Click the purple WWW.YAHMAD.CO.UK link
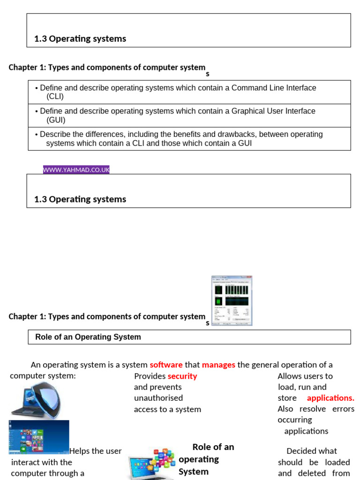pyautogui.click(x=76, y=170)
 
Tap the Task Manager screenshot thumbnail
pyautogui.click(x=232, y=300)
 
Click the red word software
pyautogui.click(x=166, y=365)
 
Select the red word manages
pyautogui.click(x=218, y=365)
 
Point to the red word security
pyautogui.click(x=182, y=376)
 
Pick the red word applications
pyautogui.click(x=330, y=398)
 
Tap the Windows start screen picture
pyautogui.click(x=39, y=437)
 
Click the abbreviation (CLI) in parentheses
pyautogui.click(x=55, y=97)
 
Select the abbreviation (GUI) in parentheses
pyautogui.click(x=56, y=120)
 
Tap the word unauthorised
pyautogui.click(x=158, y=398)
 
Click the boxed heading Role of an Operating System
pyautogui.click(x=88, y=337)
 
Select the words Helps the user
pyautogui.click(x=96, y=451)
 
